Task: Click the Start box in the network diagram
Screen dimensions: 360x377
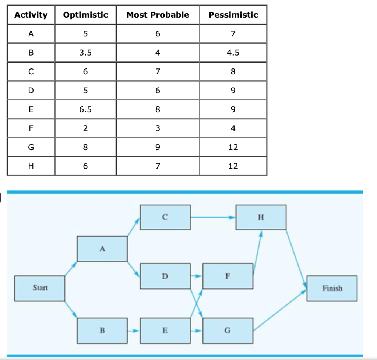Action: (40, 288)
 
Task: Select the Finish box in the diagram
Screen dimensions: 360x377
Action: (332, 288)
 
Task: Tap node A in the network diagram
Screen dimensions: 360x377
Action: (102, 249)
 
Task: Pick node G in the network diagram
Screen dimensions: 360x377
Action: (227, 331)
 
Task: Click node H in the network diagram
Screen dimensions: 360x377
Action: (261, 217)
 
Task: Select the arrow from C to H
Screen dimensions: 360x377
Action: (213, 217)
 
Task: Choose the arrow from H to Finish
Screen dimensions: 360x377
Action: (296, 259)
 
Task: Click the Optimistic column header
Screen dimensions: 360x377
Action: (85, 15)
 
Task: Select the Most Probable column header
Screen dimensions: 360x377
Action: (158, 15)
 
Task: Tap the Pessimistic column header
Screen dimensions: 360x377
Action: (233, 15)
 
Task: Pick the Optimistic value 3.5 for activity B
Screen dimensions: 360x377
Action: (85, 53)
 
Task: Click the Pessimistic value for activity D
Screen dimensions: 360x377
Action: (233, 91)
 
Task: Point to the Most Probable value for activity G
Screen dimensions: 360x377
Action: (158, 147)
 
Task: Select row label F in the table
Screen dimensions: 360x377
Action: (31, 128)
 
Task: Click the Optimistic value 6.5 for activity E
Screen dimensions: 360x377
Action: (85, 109)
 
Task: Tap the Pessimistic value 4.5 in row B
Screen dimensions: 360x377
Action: (233, 53)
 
